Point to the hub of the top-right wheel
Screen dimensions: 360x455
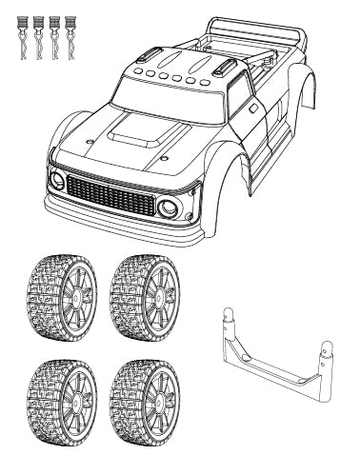(x=158, y=293)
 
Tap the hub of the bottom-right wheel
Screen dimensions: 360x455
(x=158, y=398)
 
